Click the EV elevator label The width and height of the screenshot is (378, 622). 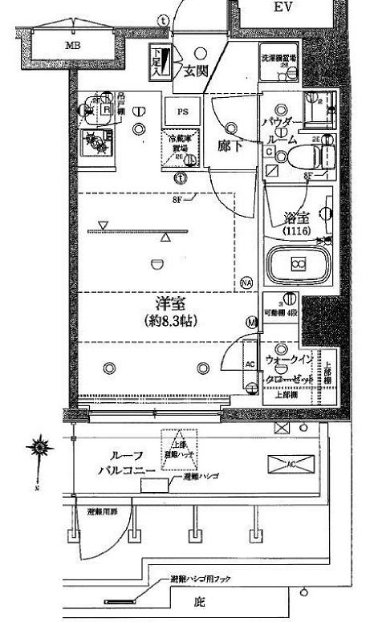[x=281, y=7]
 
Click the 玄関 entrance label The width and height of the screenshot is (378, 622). [x=193, y=70]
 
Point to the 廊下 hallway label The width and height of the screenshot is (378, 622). [x=230, y=146]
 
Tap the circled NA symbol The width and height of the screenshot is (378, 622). [x=246, y=283]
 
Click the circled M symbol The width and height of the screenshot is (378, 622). [x=252, y=323]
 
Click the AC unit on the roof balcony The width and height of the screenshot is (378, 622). [x=291, y=463]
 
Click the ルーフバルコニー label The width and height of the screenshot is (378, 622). [x=122, y=464]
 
